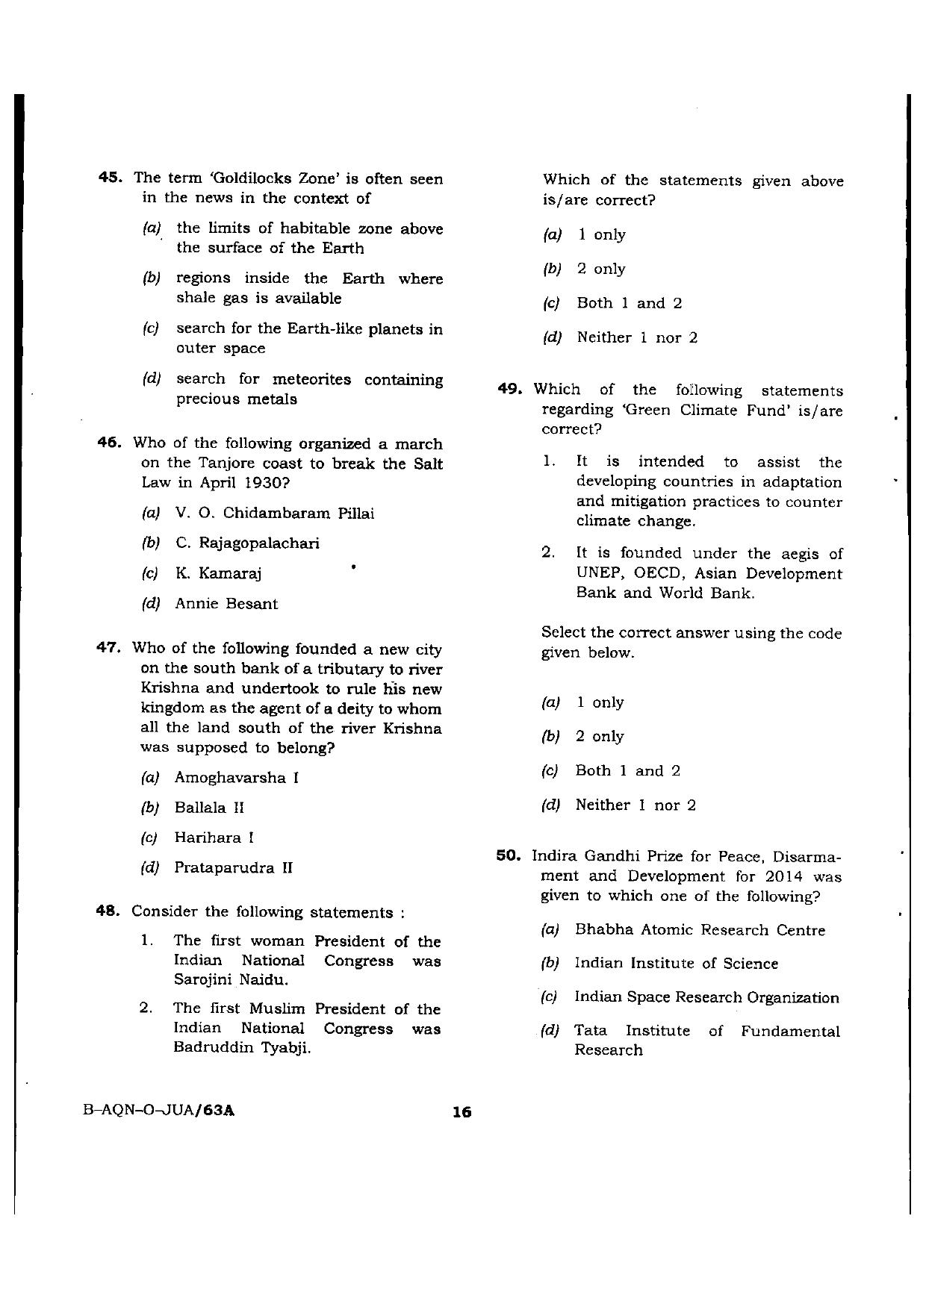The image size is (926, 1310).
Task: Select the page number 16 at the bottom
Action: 462,1111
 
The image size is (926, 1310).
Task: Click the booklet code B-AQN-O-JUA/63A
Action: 160,1110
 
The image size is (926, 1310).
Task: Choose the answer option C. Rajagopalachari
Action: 246,543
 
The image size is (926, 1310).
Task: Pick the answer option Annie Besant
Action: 226,604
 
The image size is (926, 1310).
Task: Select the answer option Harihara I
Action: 214,838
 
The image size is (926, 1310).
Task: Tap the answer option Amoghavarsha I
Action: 236,778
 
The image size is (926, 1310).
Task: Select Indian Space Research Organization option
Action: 706,997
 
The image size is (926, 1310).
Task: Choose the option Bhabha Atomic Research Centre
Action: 700,930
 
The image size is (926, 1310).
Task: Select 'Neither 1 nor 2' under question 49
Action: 635,805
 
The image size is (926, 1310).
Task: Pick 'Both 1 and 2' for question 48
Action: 629,303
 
